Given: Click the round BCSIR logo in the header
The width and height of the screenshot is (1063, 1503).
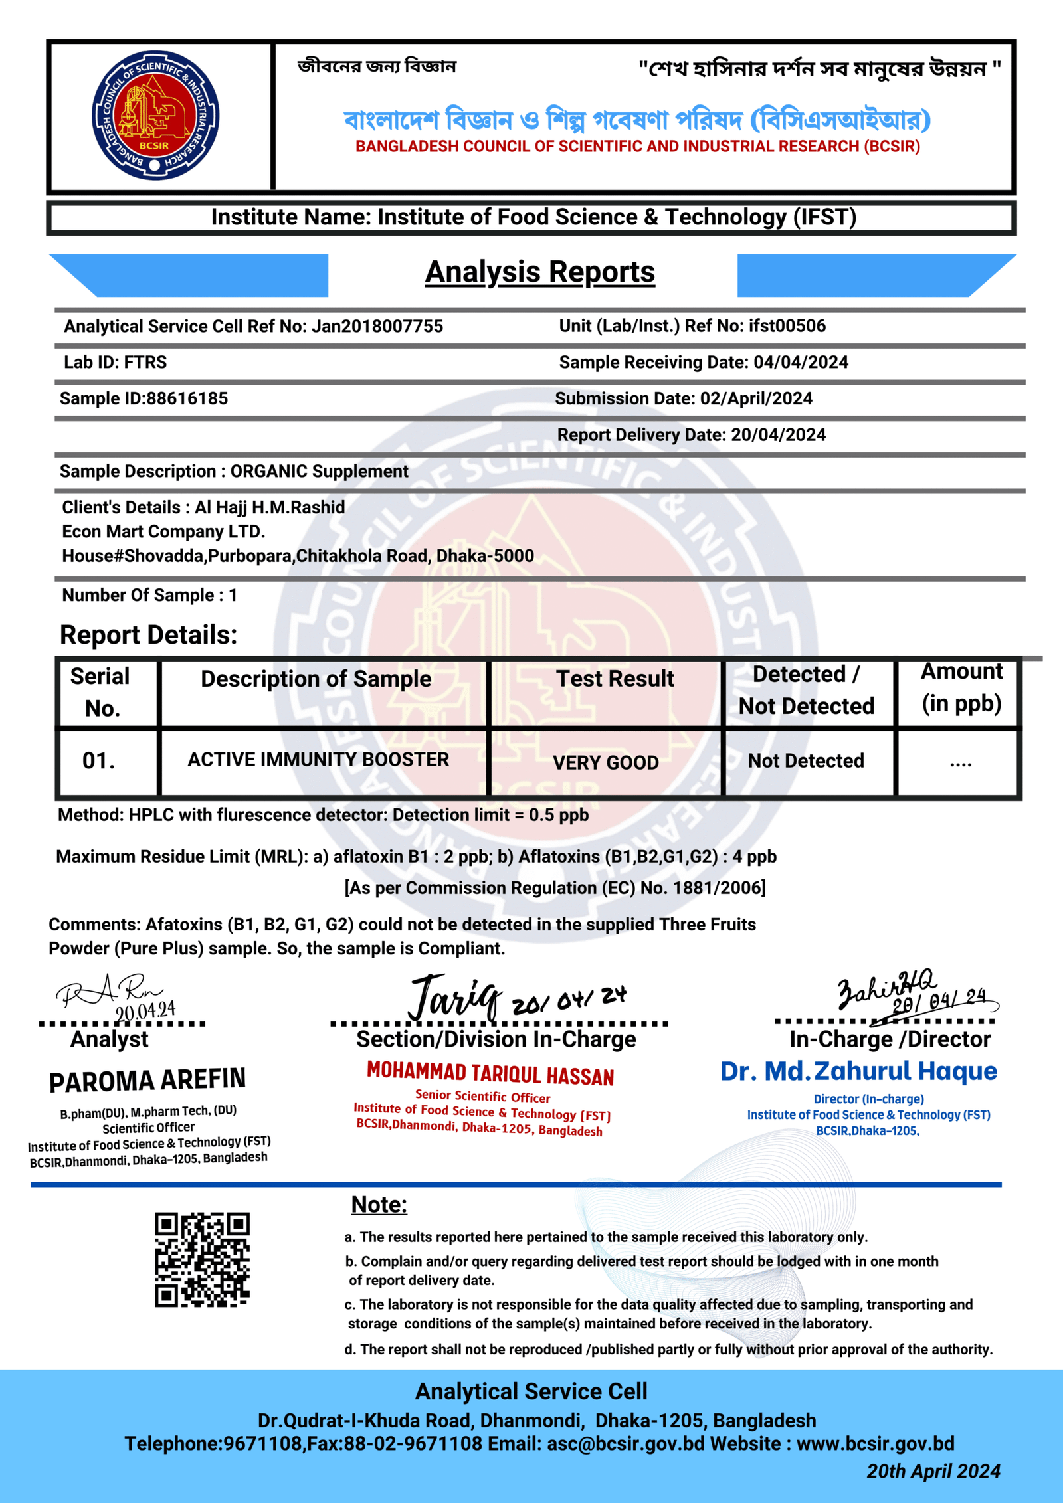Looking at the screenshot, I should click(x=155, y=116).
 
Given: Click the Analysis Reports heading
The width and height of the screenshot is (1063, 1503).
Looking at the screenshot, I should click(x=539, y=272).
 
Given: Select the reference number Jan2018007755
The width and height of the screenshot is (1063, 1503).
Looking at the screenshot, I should click(x=377, y=326).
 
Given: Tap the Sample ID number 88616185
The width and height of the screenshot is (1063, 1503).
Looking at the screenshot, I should click(x=187, y=398).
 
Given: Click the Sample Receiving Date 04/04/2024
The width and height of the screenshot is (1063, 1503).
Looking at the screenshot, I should click(x=801, y=362).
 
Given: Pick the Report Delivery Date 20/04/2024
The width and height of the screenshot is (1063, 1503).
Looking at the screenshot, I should click(x=778, y=435).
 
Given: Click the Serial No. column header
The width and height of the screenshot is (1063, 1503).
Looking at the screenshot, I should click(x=101, y=692).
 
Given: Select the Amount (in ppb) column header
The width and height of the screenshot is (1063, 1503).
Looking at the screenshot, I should click(x=961, y=688).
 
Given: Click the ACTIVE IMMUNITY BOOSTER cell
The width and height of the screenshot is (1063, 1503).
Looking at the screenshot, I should click(x=318, y=760).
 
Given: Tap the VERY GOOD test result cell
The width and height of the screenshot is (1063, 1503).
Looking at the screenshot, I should click(x=605, y=762).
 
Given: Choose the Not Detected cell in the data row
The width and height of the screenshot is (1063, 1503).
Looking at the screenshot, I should click(x=806, y=761).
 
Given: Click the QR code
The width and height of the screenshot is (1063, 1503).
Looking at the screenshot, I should click(x=202, y=1260).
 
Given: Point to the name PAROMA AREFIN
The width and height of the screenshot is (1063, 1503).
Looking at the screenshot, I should click(x=147, y=1081).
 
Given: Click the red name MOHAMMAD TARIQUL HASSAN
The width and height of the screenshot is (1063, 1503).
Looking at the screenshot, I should click(x=490, y=1073).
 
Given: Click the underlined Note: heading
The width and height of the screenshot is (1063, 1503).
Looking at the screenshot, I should click(x=379, y=1205).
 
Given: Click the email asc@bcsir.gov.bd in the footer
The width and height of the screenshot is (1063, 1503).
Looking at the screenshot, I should click(x=625, y=1443).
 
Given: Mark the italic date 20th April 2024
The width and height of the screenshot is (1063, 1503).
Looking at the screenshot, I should click(x=933, y=1471).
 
